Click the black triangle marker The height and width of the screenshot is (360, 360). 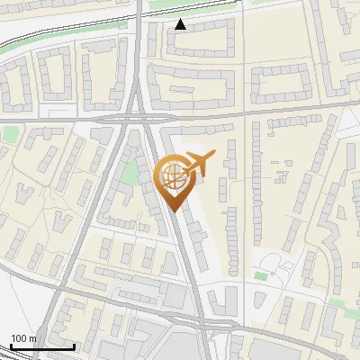[x=181, y=24]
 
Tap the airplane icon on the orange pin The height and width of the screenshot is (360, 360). [x=195, y=164]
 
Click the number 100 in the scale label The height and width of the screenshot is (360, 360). [x=19, y=338]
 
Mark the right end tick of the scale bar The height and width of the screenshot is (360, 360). [x=74, y=346]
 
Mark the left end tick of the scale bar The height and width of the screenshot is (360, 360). [x=11, y=346]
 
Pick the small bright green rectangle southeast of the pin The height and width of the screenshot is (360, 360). [x=261, y=275]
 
